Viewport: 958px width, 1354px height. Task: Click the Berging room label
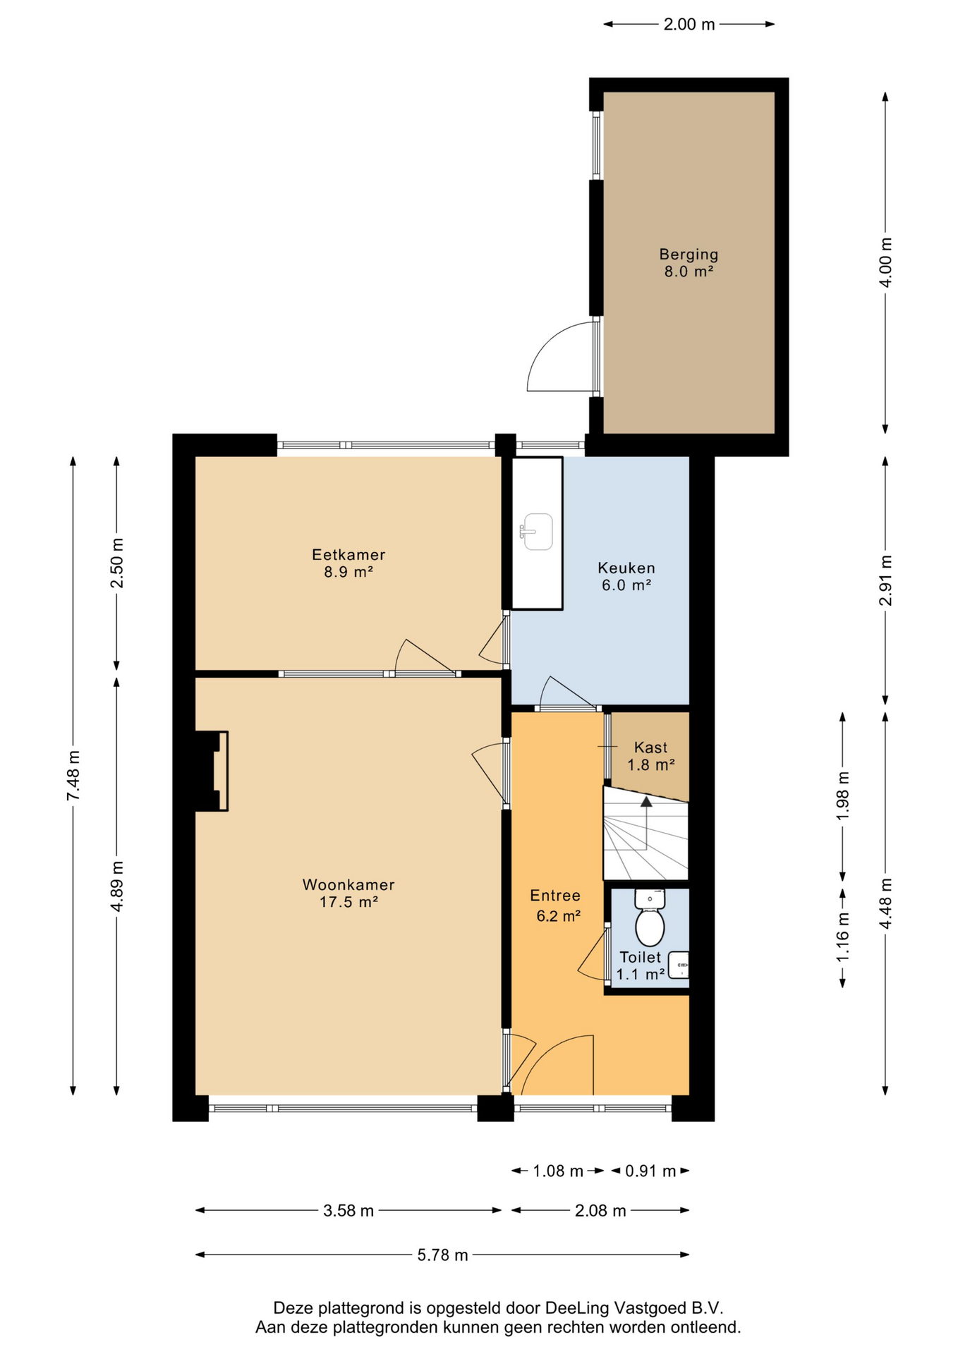pyautogui.click(x=689, y=255)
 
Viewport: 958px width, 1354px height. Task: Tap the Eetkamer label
pyautogui.click(x=348, y=555)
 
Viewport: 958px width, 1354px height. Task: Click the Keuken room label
pyautogui.click(x=626, y=568)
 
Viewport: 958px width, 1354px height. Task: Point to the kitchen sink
pyautogui.click(x=537, y=531)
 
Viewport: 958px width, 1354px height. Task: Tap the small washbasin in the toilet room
pyautogui.click(x=678, y=965)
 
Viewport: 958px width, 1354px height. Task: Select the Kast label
pyautogui.click(x=650, y=748)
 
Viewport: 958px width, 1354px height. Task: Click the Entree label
pyautogui.click(x=555, y=896)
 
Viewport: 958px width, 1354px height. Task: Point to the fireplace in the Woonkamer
pyautogui.click(x=212, y=771)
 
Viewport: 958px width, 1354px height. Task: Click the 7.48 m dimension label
pyautogui.click(x=73, y=775)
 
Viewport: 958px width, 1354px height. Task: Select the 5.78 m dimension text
pyautogui.click(x=442, y=1255)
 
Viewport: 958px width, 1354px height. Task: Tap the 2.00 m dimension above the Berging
pyautogui.click(x=689, y=25)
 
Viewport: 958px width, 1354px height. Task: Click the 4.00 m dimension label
pyautogui.click(x=886, y=262)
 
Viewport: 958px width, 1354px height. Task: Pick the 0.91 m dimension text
pyautogui.click(x=650, y=1171)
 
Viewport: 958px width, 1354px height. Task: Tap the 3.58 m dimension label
pyautogui.click(x=348, y=1211)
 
